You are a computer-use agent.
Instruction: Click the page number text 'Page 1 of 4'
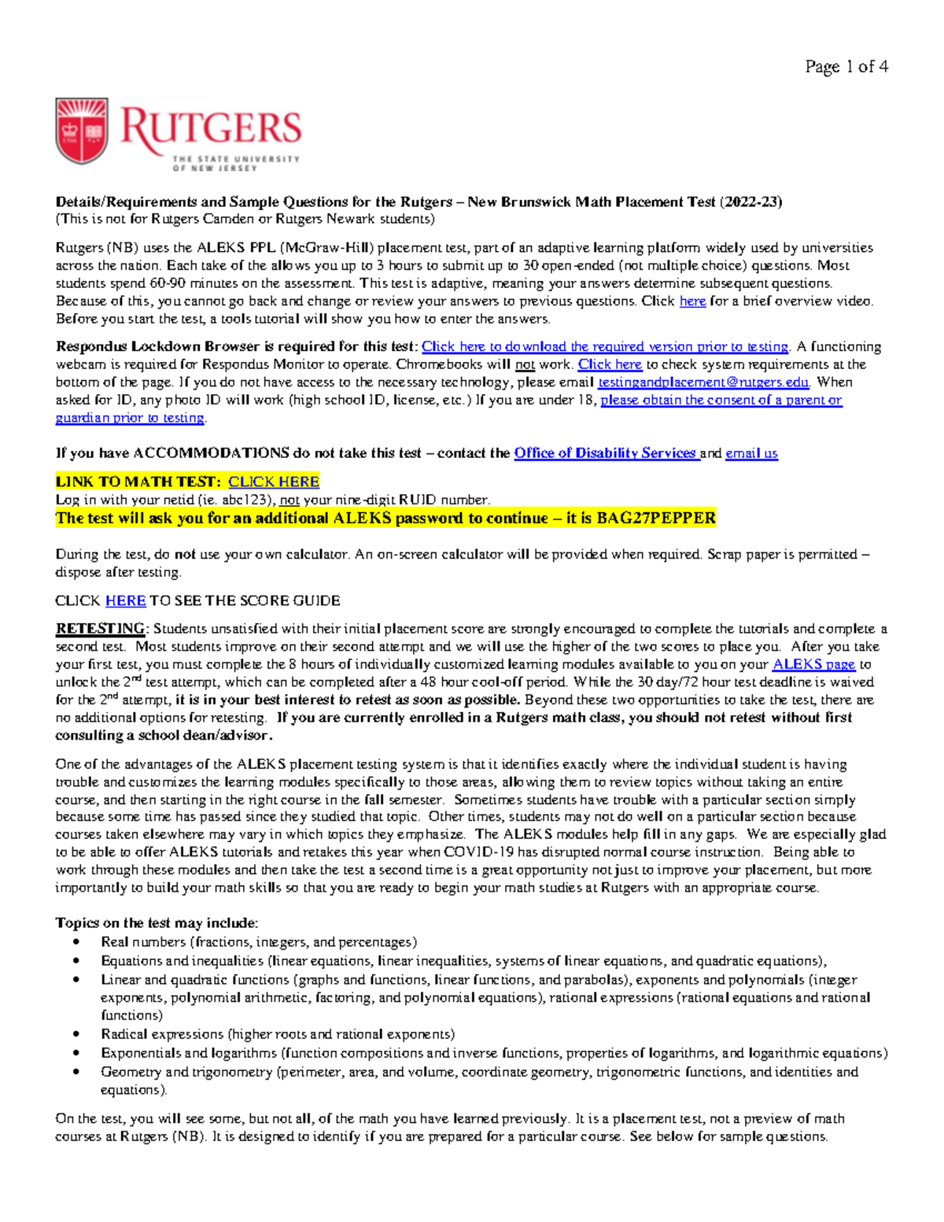coord(846,67)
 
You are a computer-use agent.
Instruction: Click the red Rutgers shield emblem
coord(82,131)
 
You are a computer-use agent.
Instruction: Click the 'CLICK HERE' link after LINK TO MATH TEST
coord(274,482)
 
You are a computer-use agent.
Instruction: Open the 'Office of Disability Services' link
coord(605,453)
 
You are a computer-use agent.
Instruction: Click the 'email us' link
coord(751,453)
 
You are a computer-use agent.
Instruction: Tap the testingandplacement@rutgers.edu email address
coord(703,382)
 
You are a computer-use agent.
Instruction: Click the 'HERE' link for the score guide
coord(126,600)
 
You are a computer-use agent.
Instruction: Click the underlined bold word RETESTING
coord(100,629)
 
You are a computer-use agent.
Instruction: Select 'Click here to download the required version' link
coord(605,347)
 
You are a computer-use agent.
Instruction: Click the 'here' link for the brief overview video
coord(692,301)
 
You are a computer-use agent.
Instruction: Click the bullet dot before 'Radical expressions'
coord(76,1035)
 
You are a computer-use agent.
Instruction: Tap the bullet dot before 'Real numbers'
coord(76,943)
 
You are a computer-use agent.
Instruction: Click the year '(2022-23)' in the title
coord(750,202)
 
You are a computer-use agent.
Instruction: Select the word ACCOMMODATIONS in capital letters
coord(211,453)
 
